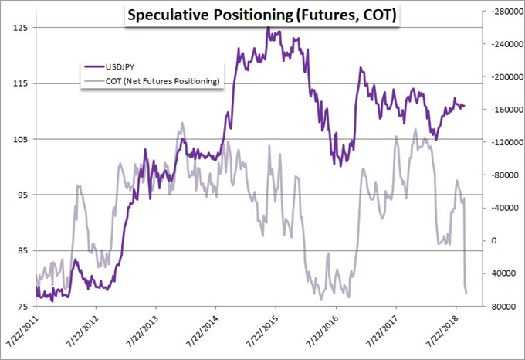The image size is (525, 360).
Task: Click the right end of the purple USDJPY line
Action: click(x=465, y=106)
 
